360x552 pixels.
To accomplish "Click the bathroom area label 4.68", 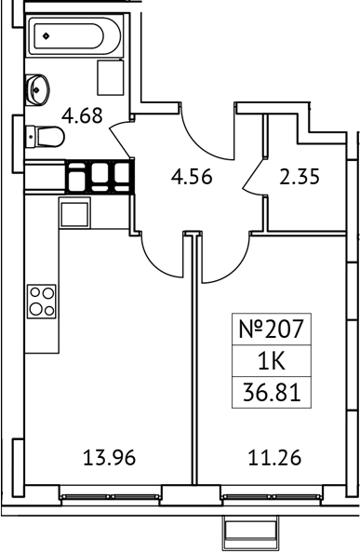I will click(x=82, y=115).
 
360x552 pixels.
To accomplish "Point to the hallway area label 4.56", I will click(x=191, y=174).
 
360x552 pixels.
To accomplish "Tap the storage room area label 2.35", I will click(x=300, y=174).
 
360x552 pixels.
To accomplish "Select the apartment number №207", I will click(x=271, y=329).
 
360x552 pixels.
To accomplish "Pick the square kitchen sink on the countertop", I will click(x=73, y=213).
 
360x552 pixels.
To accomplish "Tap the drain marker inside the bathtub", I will click(x=45, y=37).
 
